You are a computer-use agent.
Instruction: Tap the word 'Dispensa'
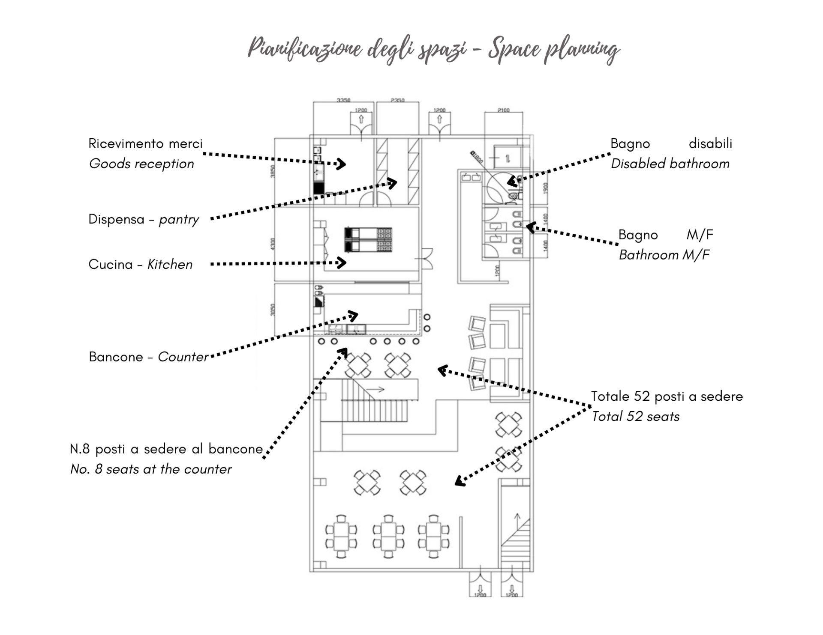pos(116,219)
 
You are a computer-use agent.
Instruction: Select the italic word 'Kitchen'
pos(170,264)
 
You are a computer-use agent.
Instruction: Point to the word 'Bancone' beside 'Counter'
pos(116,357)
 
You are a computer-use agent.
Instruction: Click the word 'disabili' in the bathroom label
pos(710,143)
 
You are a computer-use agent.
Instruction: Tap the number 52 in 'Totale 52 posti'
pos(642,396)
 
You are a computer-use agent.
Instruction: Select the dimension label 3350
pos(343,100)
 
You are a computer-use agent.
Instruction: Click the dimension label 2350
pos(397,100)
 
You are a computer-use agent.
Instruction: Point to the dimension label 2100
pos(504,110)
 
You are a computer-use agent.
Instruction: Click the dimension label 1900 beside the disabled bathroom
pos(546,188)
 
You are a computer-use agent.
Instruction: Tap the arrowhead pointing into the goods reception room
pos(342,164)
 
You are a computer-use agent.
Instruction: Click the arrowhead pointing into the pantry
pos(393,183)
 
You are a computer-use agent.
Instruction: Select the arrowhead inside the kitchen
pos(342,262)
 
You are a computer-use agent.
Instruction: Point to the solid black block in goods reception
pos(318,188)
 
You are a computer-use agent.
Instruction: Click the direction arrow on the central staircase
pos(376,390)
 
